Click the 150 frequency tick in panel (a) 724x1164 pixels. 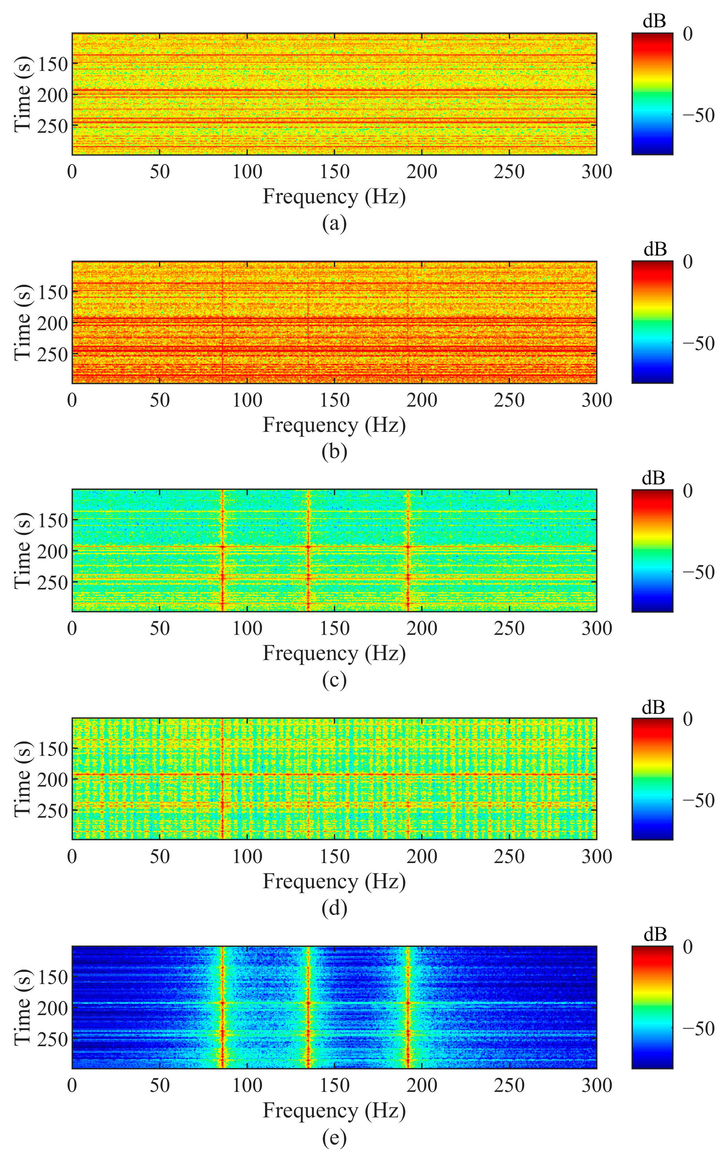pos(334,172)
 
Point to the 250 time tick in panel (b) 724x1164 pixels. pos(53,354)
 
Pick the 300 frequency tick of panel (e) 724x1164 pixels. pos(597,1085)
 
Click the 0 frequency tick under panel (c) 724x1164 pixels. pos(72,628)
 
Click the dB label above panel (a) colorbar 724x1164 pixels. pos(653,21)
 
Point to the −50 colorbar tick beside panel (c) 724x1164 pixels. pos(698,572)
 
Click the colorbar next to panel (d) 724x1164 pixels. pos(652,778)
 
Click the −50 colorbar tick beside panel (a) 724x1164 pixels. pos(698,115)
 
